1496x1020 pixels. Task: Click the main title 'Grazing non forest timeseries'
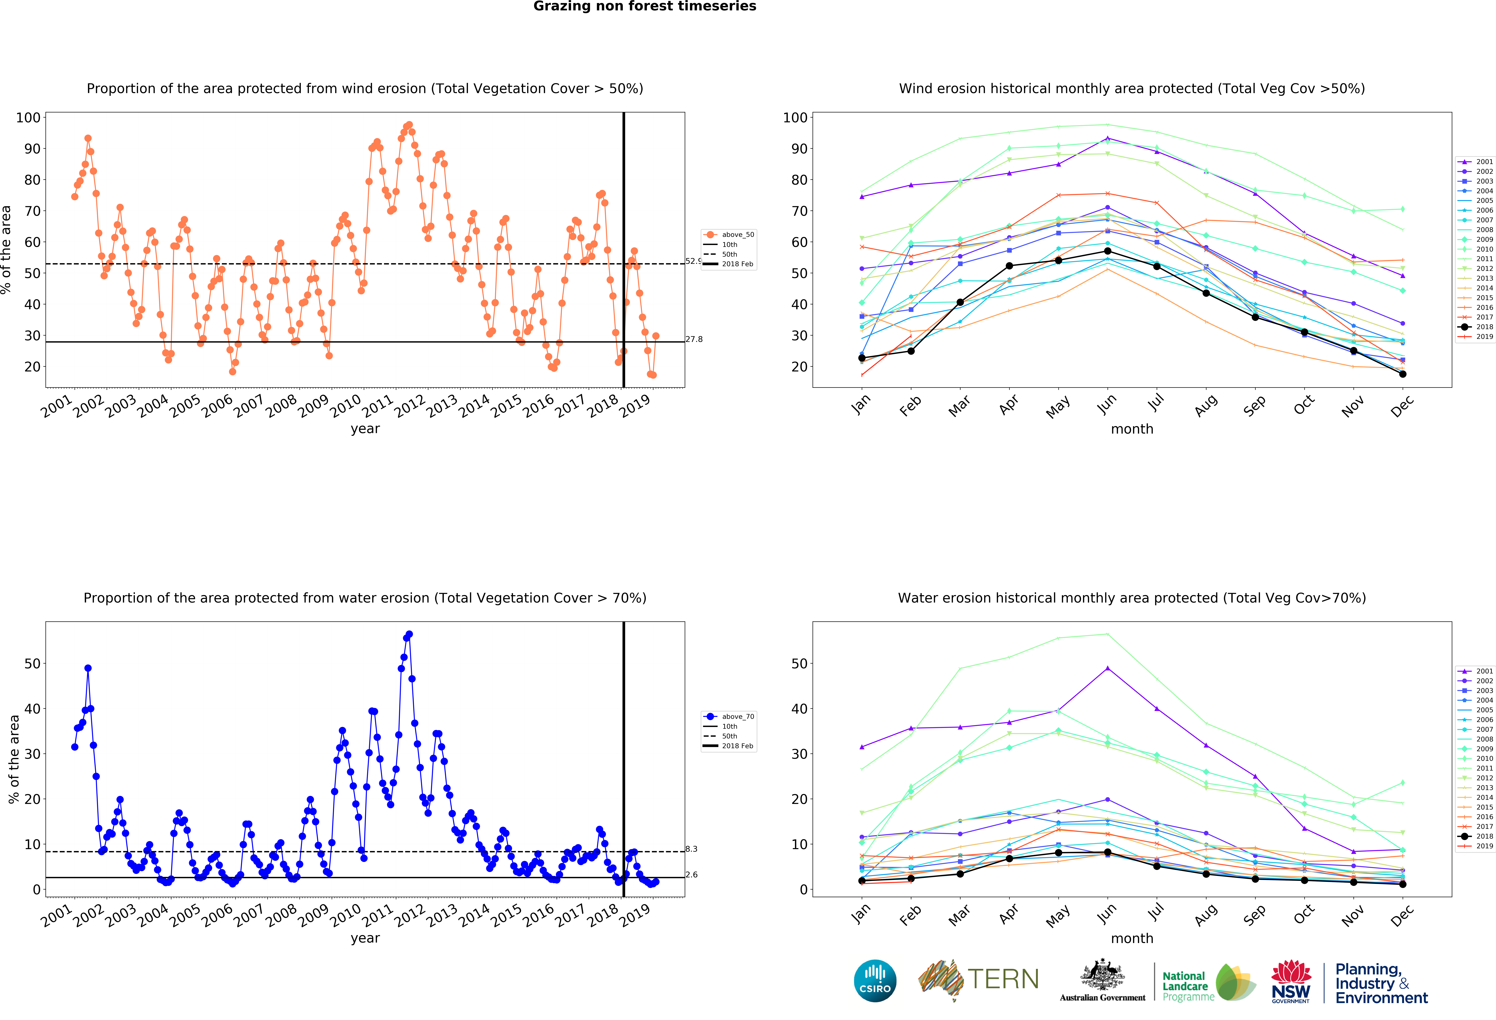[644, 6]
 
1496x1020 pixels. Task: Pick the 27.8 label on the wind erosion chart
[694, 339]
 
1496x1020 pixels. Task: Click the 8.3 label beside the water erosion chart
[691, 849]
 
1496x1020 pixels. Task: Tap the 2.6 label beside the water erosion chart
[691, 875]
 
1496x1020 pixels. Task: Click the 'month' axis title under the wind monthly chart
[1132, 429]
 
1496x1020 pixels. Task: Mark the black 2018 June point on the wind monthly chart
[1107, 251]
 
